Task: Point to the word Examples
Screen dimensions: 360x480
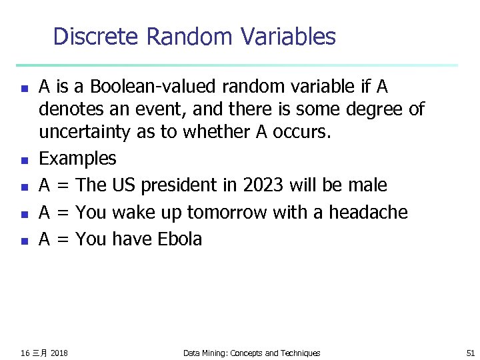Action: (77, 159)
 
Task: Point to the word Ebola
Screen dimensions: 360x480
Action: (179, 239)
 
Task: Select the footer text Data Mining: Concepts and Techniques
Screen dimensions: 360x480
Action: (251, 353)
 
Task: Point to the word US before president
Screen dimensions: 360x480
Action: (123, 185)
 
